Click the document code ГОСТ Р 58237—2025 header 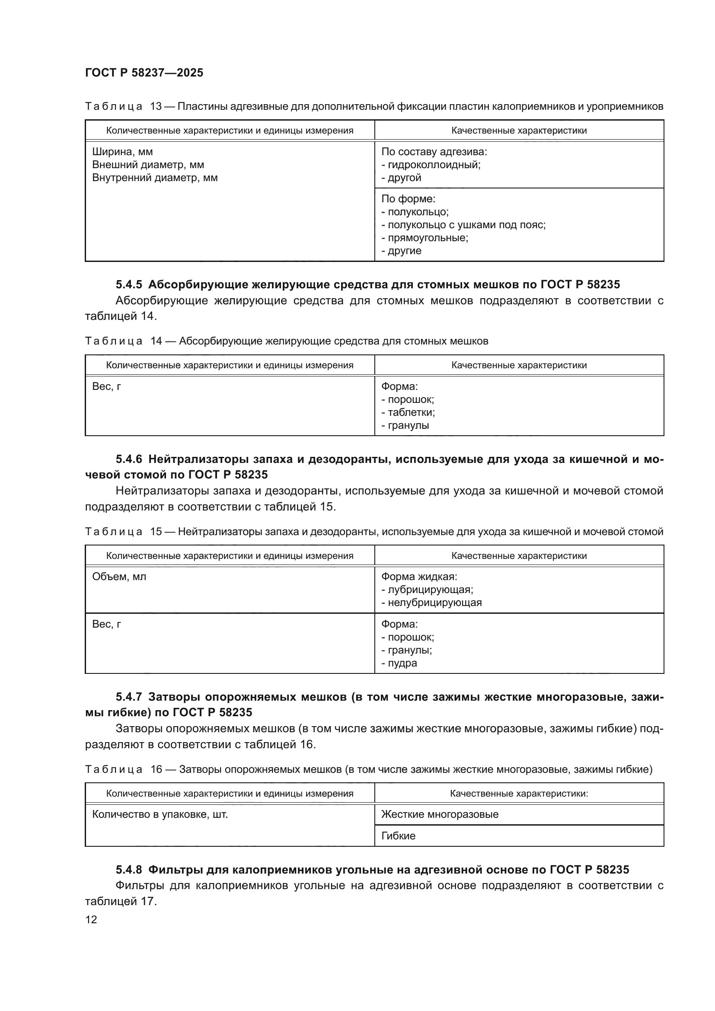[x=144, y=73]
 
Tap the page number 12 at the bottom [x=91, y=919]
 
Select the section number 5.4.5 [x=128, y=285]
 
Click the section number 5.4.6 [x=128, y=459]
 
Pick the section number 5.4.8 [x=128, y=870]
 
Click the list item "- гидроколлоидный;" [x=431, y=165]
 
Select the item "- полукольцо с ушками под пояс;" [x=463, y=225]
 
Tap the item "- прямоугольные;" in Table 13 [x=425, y=238]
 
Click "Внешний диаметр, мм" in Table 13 [x=148, y=165]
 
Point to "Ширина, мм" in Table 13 [x=122, y=152]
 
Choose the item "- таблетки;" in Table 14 [x=408, y=413]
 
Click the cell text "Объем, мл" [x=119, y=577]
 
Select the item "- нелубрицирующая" [x=431, y=603]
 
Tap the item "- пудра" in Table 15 [x=399, y=663]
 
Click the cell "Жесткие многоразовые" [x=439, y=814]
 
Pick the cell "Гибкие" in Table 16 [x=398, y=836]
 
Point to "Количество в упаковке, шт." [x=160, y=814]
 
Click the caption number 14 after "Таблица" [x=156, y=341]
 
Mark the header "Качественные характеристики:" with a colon [x=519, y=794]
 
